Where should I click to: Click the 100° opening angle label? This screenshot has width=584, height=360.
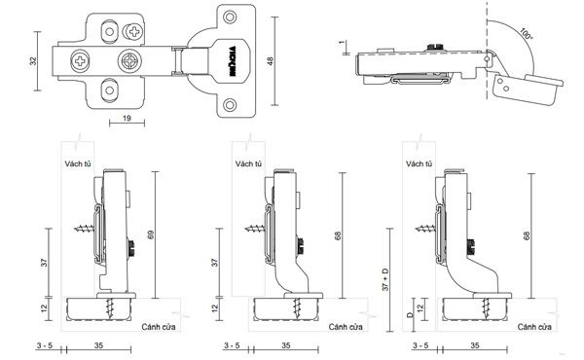tap(526, 35)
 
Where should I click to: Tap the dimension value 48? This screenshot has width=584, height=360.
tap(271, 60)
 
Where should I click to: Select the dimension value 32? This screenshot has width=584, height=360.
tap(33, 61)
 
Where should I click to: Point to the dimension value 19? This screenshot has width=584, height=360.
tap(127, 119)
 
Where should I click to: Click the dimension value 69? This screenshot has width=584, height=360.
tap(151, 234)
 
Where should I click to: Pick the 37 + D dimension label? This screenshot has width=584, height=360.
tap(385, 279)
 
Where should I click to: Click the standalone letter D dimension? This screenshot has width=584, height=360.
tap(410, 314)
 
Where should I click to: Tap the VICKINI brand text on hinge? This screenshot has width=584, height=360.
tap(232, 62)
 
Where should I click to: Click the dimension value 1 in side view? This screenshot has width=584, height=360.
tap(342, 43)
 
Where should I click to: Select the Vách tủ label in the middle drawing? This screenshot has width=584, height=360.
tap(248, 163)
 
